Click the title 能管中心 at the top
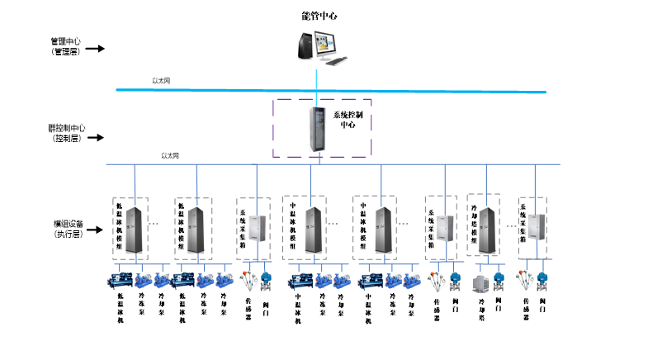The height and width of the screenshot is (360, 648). (x=319, y=16)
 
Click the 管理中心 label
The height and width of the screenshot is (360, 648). (x=67, y=40)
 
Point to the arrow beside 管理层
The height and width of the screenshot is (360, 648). (x=95, y=49)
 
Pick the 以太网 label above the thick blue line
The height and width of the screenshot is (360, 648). (x=160, y=81)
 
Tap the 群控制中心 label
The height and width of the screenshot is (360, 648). (x=67, y=129)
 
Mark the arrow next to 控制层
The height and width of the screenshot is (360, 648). (x=95, y=139)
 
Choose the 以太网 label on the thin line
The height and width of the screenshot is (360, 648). (x=170, y=155)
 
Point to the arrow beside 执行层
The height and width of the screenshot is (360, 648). (x=95, y=234)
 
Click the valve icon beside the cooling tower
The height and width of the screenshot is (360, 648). (x=499, y=281)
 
